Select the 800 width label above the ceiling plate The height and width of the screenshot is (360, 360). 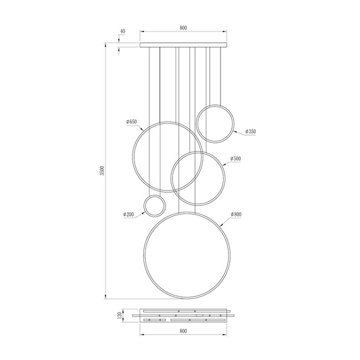pyautogui.click(x=183, y=28)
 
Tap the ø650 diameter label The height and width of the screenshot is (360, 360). pyautogui.click(x=131, y=121)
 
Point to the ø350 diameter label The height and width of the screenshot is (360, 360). pyautogui.click(x=251, y=131)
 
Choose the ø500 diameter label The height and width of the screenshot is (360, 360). pyautogui.click(x=236, y=159)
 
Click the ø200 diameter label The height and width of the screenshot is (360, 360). pyautogui.click(x=129, y=215)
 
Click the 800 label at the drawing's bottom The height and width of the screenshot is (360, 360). pyautogui.click(x=183, y=330)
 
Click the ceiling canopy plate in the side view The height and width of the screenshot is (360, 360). pyautogui.click(x=183, y=44)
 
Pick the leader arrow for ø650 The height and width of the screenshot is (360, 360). pyautogui.click(x=143, y=128)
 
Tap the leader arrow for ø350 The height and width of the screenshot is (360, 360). pyautogui.click(x=233, y=131)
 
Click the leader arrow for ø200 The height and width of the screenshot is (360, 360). pyautogui.click(x=144, y=212)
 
